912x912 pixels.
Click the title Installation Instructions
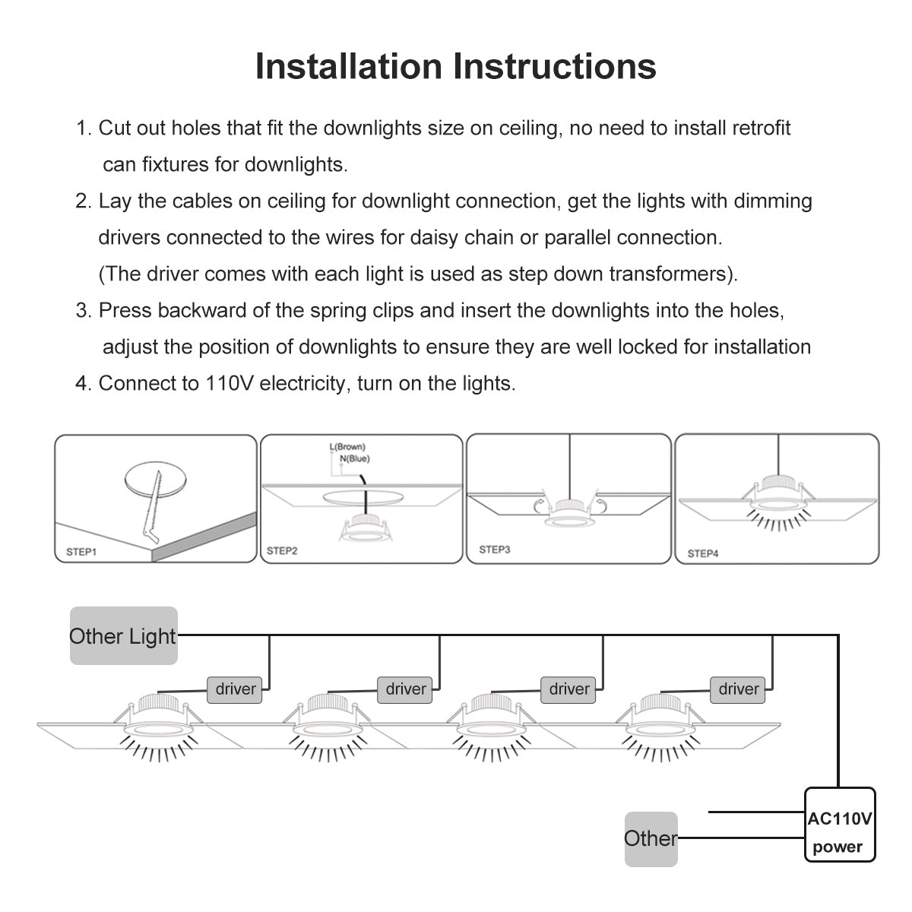[455, 66]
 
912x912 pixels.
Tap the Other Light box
[123, 635]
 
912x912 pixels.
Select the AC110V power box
[839, 825]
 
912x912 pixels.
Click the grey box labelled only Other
[651, 838]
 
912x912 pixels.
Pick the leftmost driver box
[236, 689]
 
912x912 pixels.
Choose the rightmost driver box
[739, 689]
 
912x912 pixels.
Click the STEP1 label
[81, 552]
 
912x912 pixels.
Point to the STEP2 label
[282, 551]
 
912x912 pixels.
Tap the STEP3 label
[494, 549]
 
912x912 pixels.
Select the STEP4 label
[702, 553]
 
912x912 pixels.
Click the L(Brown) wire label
[347, 448]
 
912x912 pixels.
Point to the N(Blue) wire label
[354, 458]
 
